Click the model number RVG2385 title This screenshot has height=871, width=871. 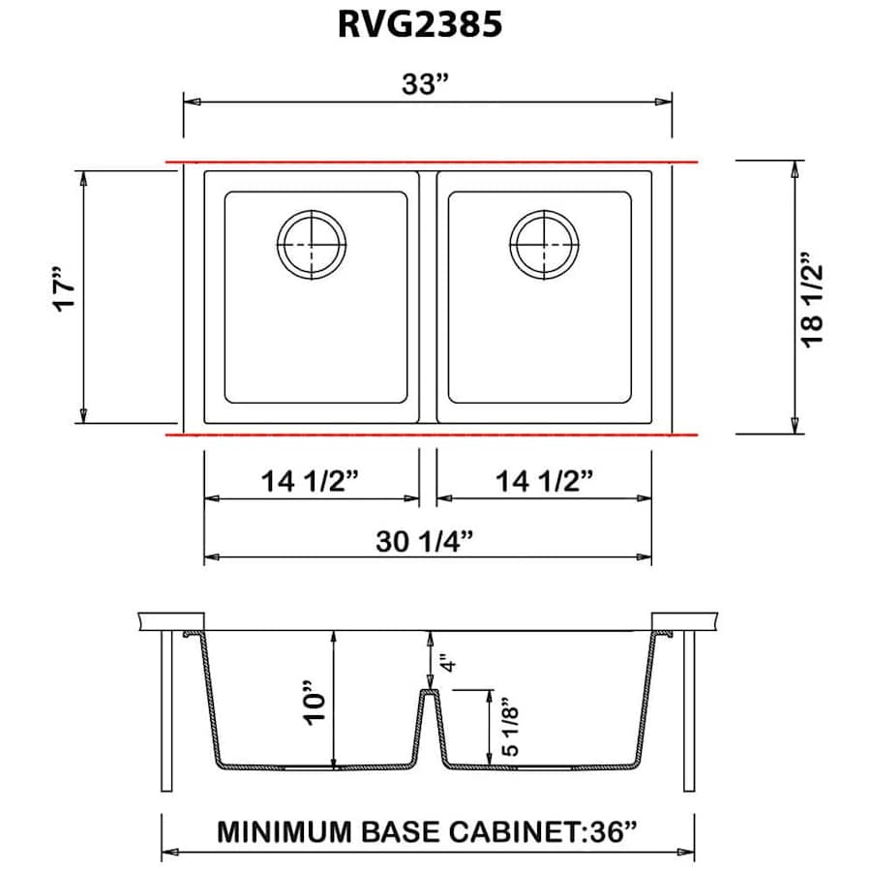pyautogui.click(x=420, y=25)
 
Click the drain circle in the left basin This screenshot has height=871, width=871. pyautogui.click(x=311, y=243)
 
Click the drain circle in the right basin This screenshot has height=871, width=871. pyautogui.click(x=545, y=243)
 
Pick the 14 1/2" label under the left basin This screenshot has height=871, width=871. pyautogui.click(x=311, y=480)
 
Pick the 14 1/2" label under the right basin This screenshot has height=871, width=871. pyautogui.click(x=543, y=480)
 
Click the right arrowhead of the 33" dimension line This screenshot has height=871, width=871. pyautogui.click(x=664, y=101)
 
